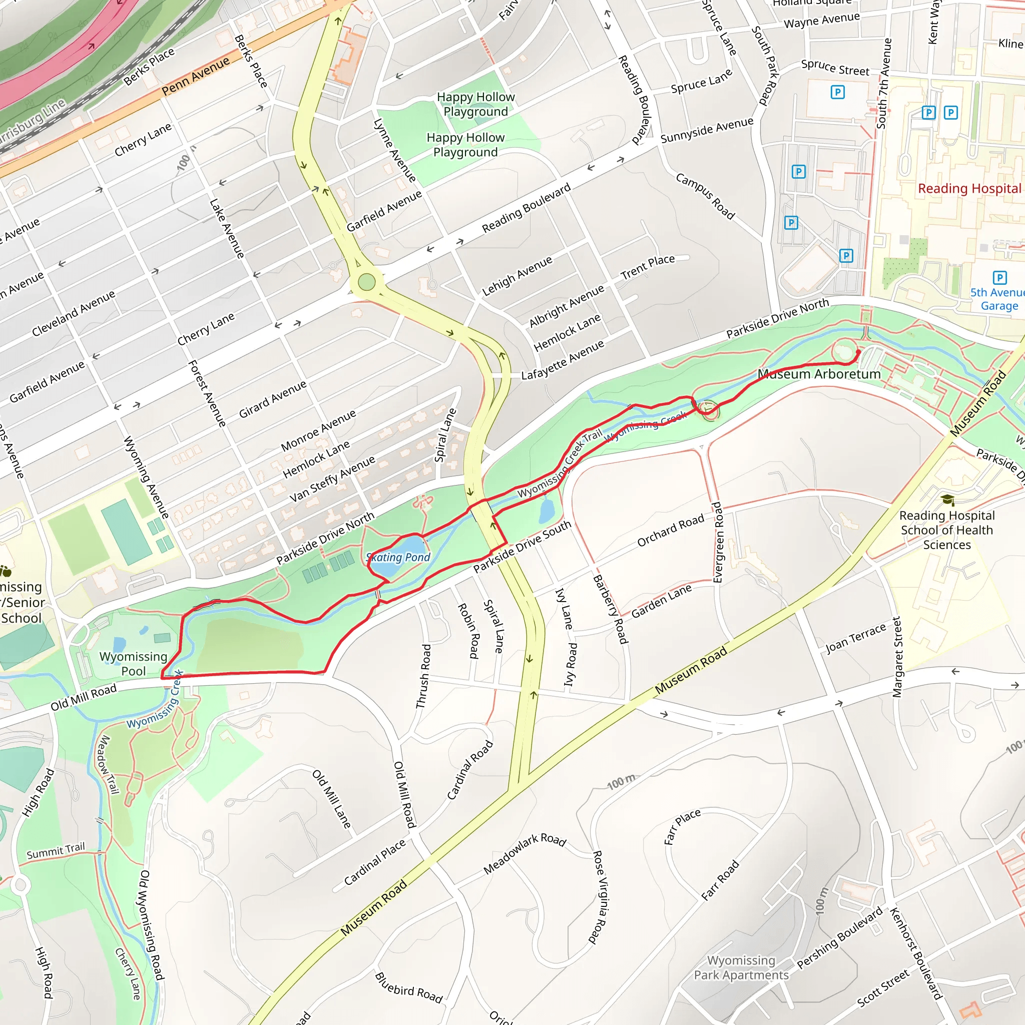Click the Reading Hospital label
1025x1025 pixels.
point(969,188)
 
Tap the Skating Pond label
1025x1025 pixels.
point(398,557)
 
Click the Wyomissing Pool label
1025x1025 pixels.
point(133,664)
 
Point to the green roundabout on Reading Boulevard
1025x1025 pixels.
point(366,282)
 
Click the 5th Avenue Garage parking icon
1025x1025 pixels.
point(999,277)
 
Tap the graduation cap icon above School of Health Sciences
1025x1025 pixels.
point(947,500)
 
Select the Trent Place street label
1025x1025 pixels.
point(647,267)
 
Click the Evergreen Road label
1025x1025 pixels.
point(717,542)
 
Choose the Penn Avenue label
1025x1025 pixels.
point(195,76)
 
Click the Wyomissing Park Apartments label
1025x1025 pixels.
point(741,968)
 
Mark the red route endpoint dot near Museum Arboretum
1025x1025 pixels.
point(858,352)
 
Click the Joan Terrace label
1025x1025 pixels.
point(855,638)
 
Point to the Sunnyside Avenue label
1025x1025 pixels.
point(707,131)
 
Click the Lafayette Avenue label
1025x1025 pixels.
point(563,360)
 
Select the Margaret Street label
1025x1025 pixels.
point(897,656)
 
